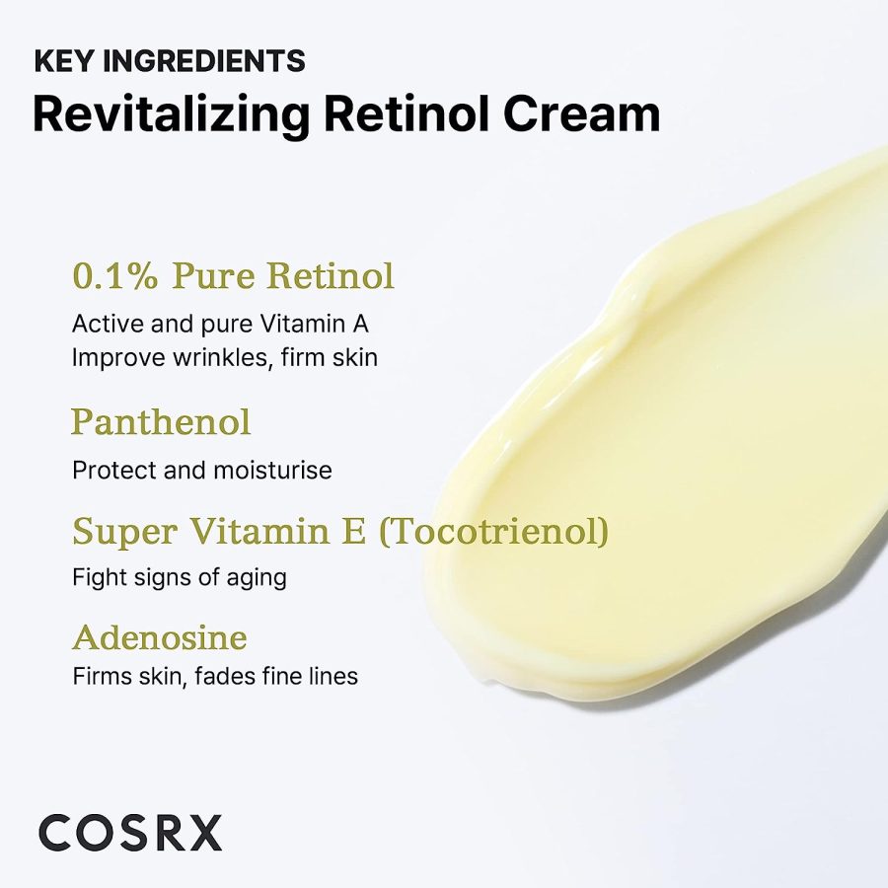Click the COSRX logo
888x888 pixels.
pyautogui.click(x=130, y=833)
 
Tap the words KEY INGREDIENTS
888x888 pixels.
pyautogui.click(x=170, y=61)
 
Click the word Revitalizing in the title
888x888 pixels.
pyautogui.click(x=171, y=116)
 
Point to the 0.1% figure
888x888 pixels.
pyautogui.click(x=115, y=276)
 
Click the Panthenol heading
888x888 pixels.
pyautogui.click(x=161, y=422)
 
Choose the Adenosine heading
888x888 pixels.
pyautogui.click(x=160, y=637)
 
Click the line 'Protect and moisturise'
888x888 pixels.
pyautogui.click(x=202, y=470)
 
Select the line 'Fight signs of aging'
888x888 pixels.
pyautogui.click(x=180, y=578)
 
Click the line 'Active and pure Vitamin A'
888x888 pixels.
pyautogui.click(x=220, y=325)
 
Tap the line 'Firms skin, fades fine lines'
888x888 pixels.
pyautogui.click(x=215, y=676)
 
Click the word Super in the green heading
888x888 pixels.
pyautogui.click(x=125, y=533)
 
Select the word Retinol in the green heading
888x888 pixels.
pyautogui.click(x=331, y=276)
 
